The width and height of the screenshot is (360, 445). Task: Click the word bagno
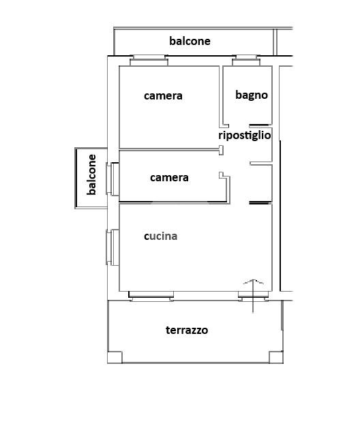252,95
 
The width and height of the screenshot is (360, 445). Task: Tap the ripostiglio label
245,135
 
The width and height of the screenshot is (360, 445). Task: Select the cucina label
160,236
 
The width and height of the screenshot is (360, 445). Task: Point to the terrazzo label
187,330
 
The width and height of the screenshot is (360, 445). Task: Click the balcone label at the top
190,41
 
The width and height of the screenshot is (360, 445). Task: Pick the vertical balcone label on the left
91,175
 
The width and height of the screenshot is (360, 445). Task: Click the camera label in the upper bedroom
163,95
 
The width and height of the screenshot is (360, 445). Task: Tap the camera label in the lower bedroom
169,178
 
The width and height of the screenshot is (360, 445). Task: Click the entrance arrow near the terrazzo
253,296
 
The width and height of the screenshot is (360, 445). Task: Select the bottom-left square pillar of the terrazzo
115,357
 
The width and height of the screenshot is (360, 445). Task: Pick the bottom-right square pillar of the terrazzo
275,357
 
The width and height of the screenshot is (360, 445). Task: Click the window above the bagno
246,61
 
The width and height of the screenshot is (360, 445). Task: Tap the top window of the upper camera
149,61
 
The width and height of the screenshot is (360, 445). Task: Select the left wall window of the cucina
112,247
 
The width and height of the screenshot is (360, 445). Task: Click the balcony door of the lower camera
112,179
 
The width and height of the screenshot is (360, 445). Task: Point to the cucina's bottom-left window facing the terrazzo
151,296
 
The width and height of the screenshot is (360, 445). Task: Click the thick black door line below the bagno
259,125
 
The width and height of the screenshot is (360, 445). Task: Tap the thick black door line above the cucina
259,202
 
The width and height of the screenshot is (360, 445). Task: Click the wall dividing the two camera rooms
169,149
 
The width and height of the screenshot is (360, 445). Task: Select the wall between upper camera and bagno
221,97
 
